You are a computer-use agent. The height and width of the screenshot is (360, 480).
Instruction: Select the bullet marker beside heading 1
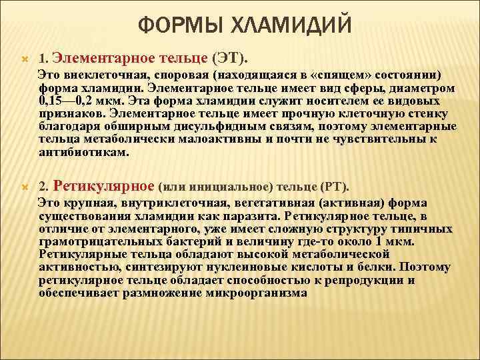point(24,59)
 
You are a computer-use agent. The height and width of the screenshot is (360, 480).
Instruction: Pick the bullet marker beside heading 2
point(24,187)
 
